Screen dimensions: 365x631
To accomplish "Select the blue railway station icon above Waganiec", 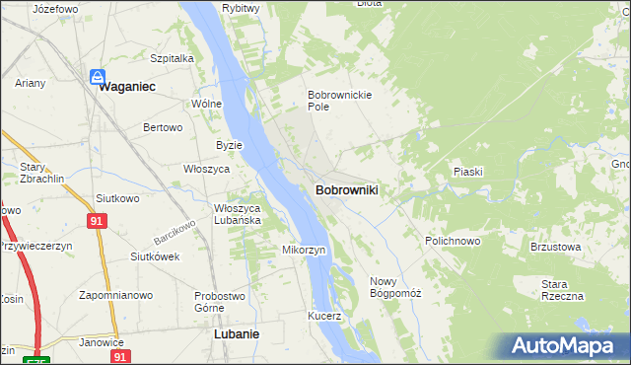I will point(99,76).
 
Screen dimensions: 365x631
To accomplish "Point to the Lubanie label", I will point(237,334).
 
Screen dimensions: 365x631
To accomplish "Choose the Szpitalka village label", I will point(172,58).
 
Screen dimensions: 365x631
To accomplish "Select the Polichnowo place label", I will point(453,241).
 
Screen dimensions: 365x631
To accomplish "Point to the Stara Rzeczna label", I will point(562,290).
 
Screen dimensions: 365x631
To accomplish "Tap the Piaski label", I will point(467,172).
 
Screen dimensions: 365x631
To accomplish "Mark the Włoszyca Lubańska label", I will point(238,214).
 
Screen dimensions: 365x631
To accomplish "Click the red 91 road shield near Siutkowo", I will point(96,221).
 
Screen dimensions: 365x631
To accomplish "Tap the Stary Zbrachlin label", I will point(39,174).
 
